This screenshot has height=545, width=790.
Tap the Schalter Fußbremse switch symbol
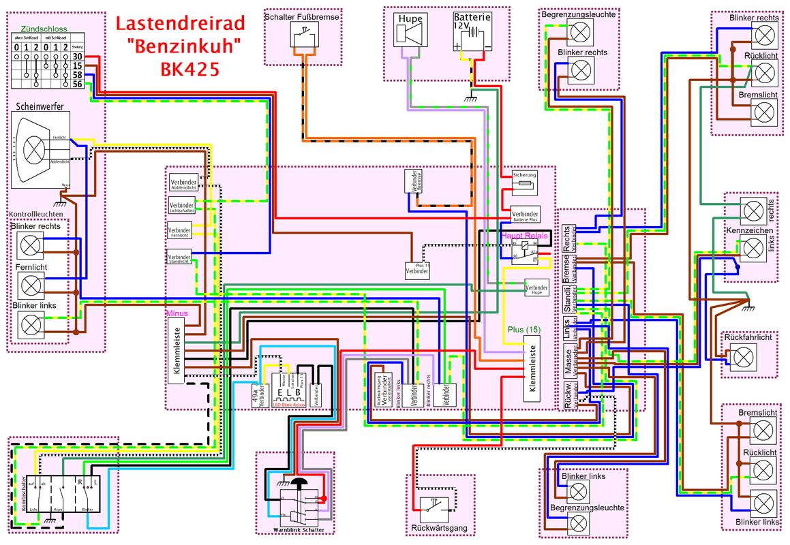[x=305, y=33]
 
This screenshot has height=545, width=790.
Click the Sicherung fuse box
[x=525, y=180]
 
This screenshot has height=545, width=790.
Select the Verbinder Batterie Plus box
[x=525, y=214]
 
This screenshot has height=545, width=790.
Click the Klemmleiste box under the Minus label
[x=176, y=352]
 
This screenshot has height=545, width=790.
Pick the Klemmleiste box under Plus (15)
[x=533, y=368]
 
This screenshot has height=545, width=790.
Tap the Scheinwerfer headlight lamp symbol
[x=33, y=149]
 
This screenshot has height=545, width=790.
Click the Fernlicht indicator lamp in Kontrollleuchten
[x=31, y=284]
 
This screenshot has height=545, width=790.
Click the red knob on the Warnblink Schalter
[x=324, y=499]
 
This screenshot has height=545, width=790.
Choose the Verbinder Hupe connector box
[x=536, y=288]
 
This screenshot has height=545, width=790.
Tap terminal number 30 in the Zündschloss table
[x=77, y=57]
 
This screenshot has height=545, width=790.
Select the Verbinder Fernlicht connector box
[x=180, y=232]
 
